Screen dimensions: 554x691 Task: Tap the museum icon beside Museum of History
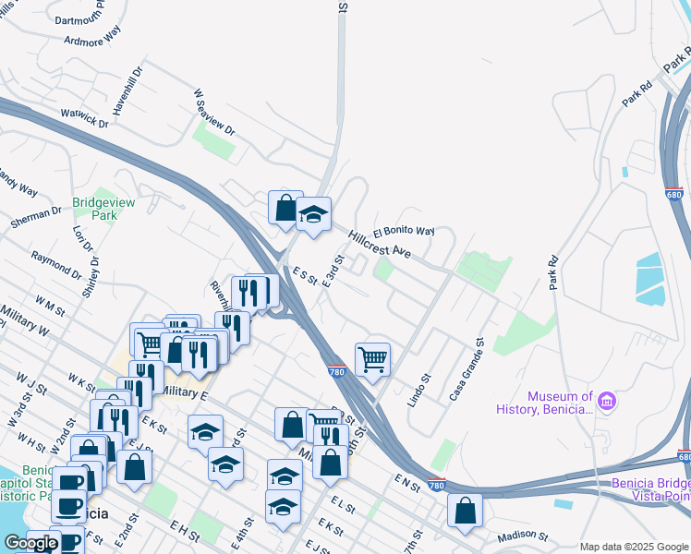pyautogui.click(x=608, y=402)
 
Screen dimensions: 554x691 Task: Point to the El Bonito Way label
pyautogui.click(x=404, y=230)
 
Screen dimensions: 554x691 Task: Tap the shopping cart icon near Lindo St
pyautogui.click(x=372, y=358)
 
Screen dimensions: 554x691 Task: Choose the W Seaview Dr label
pyautogui.click(x=213, y=113)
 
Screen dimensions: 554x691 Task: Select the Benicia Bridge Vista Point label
pyautogui.click(x=650, y=490)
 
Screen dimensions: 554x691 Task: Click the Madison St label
pyautogui.click(x=522, y=536)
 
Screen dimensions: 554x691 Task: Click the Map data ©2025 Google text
pyautogui.click(x=633, y=547)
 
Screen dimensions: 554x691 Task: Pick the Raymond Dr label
pyautogui.click(x=55, y=263)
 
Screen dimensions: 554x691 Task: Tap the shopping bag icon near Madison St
pyautogui.click(x=465, y=510)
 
